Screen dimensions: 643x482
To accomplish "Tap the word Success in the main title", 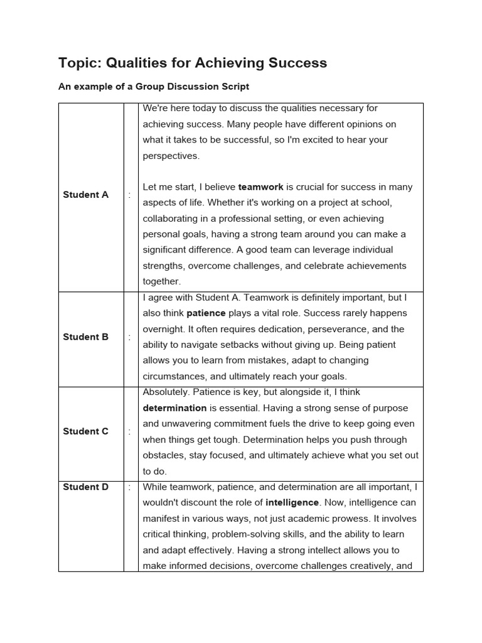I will point(297,63).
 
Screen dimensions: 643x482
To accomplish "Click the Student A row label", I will point(85,195).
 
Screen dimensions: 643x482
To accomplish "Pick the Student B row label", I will point(85,337).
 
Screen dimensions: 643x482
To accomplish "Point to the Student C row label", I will point(85,431).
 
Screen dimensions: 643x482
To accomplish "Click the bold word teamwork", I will point(260,187).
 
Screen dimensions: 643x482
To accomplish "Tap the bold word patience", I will point(206,313).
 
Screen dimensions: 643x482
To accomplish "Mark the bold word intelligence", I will point(292,502).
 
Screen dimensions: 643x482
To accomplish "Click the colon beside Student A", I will point(129,195).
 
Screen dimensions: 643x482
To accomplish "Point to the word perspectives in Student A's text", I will point(171,156).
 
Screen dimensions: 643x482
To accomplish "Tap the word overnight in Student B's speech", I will point(164,329).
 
